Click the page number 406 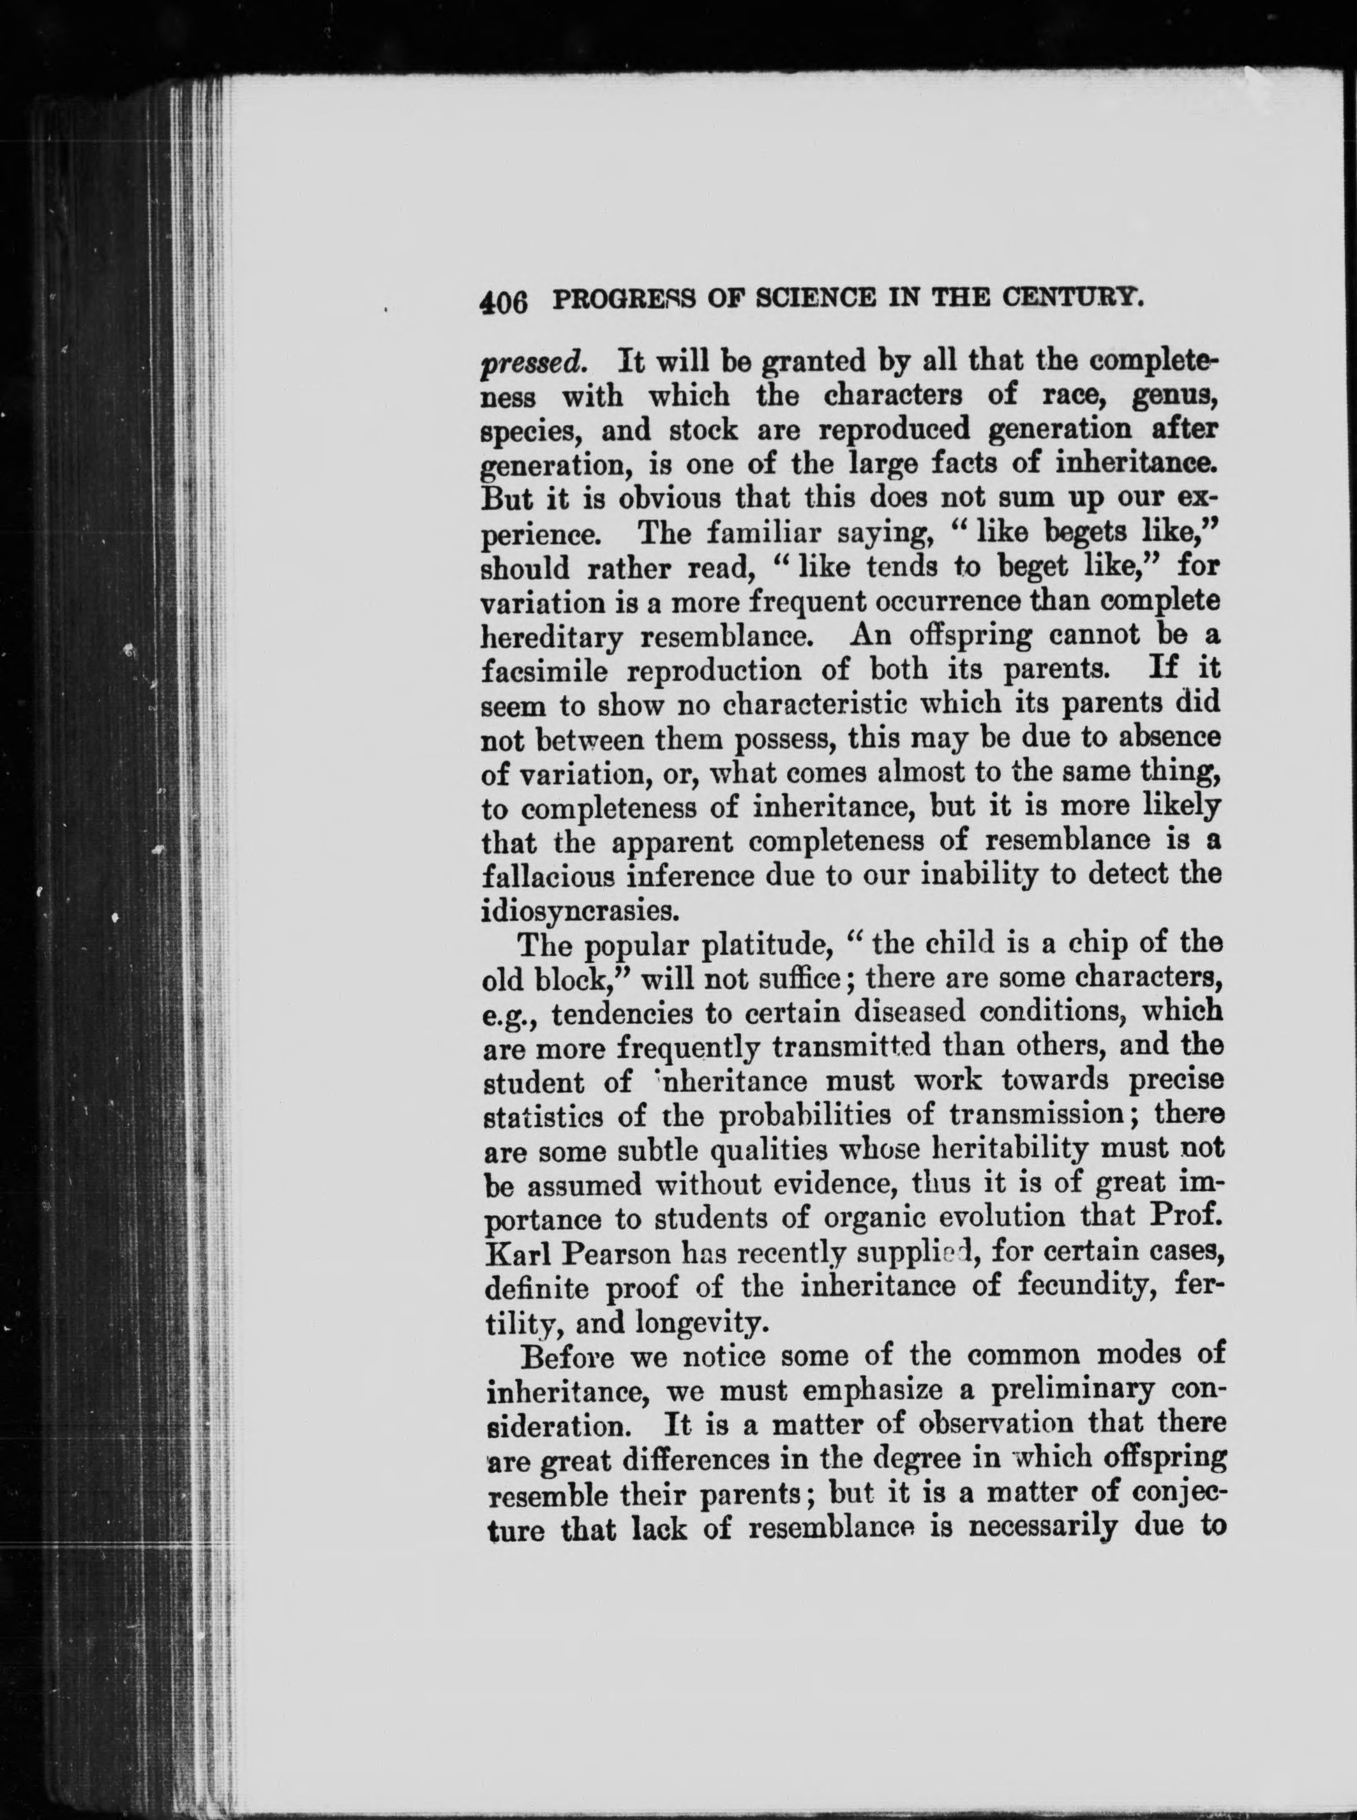[503, 303]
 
